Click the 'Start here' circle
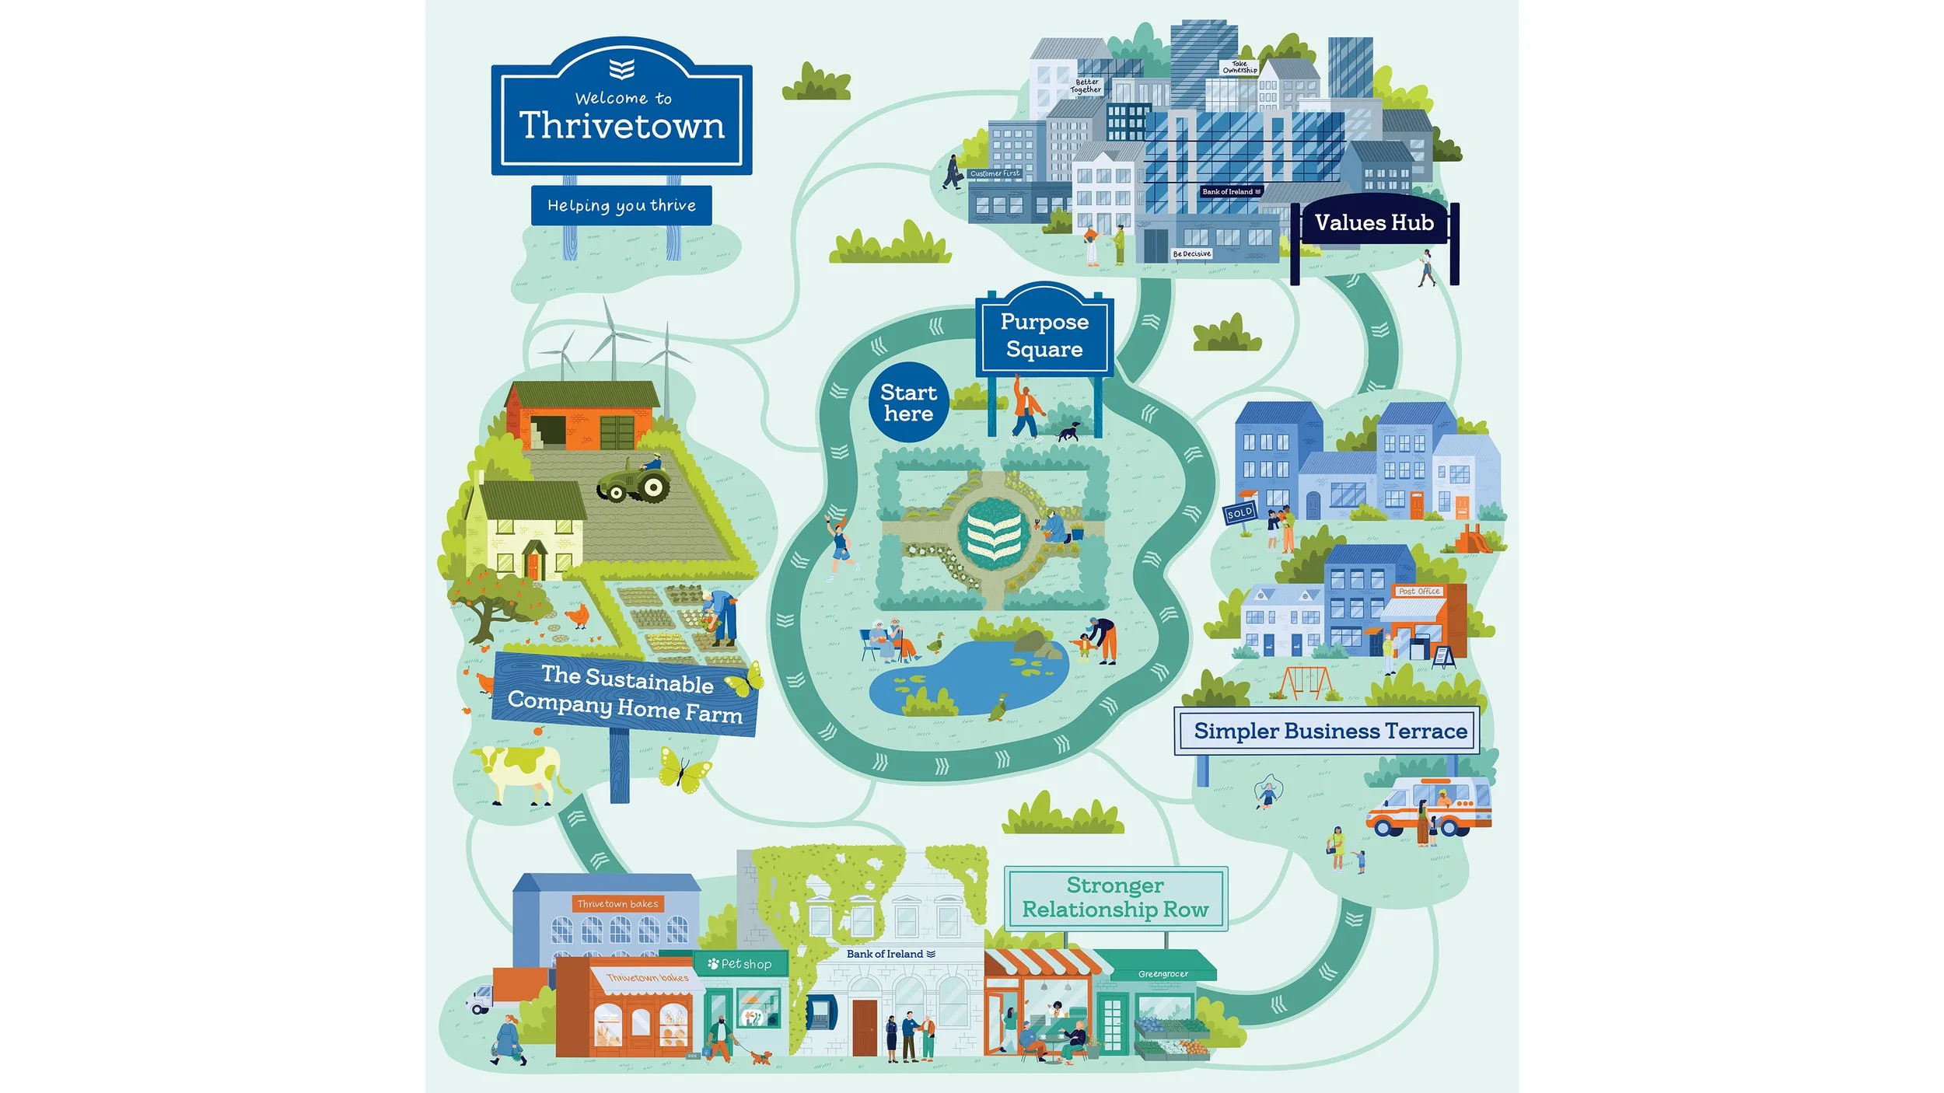click(908, 403)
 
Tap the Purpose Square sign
click(1044, 335)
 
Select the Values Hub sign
click(1374, 223)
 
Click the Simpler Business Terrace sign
click(1330, 731)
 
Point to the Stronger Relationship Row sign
click(1115, 898)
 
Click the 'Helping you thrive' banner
click(621, 205)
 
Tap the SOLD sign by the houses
click(1239, 512)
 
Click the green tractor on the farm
click(635, 480)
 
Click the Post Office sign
click(1419, 591)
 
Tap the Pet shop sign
click(741, 964)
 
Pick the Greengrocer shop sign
click(1163, 973)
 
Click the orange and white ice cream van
click(1428, 808)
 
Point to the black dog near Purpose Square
click(1069, 431)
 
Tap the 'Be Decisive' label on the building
click(1191, 253)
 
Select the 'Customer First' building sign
click(995, 173)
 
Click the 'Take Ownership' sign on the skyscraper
click(1239, 68)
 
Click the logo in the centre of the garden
click(994, 535)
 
